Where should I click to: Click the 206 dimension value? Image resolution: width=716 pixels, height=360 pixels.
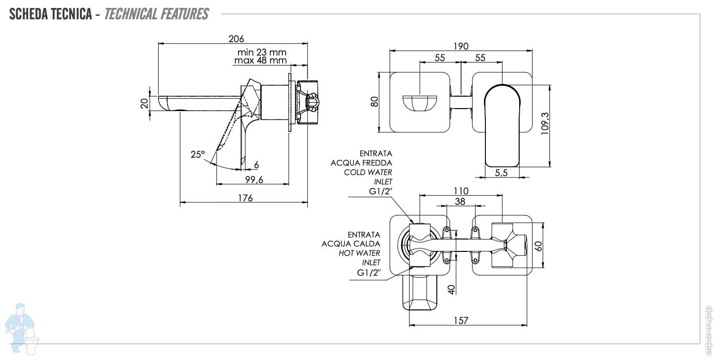click(236, 39)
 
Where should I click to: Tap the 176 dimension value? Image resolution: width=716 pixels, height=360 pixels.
click(244, 198)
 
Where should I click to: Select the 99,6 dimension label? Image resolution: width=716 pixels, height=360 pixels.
click(253, 180)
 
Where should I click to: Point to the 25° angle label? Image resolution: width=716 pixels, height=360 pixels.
click(197, 154)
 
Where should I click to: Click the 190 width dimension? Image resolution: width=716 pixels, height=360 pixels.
click(461, 46)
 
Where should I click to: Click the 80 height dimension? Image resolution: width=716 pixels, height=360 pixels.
click(374, 102)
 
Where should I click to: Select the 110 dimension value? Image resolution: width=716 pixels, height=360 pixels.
click(461, 191)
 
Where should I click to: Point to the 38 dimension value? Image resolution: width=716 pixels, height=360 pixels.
click(460, 201)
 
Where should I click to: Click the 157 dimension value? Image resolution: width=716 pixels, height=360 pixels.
click(461, 321)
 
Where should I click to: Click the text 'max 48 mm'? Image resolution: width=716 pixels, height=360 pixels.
click(261, 60)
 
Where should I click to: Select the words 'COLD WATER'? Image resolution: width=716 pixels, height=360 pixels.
click(368, 172)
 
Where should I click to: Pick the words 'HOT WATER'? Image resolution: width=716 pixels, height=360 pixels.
click(359, 253)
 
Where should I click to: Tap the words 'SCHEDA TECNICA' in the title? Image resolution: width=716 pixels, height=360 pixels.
click(51, 14)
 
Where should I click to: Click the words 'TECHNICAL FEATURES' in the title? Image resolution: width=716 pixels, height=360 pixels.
click(157, 14)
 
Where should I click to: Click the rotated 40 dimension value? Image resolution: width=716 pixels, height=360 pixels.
click(451, 289)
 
